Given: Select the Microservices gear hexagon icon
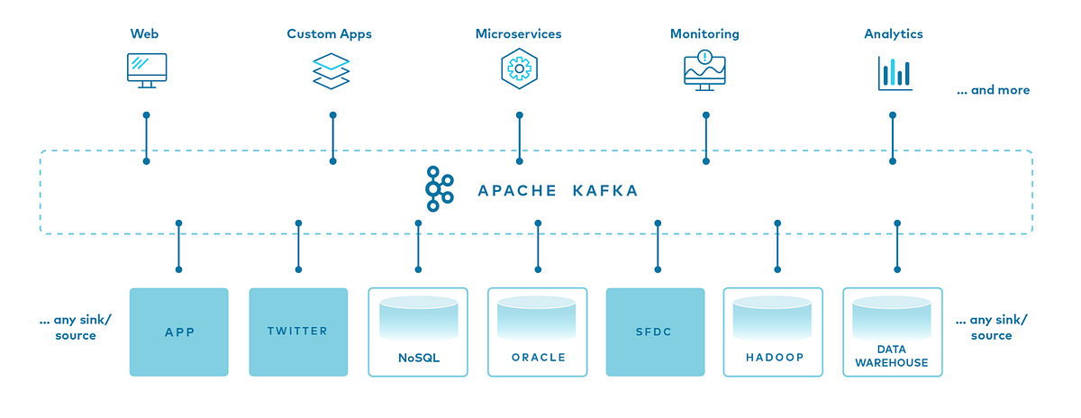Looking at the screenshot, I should pyautogui.click(x=518, y=68).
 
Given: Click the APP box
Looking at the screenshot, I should pyautogui.click(x=179, y=332).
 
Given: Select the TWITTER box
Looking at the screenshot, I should pyautogui.click(x=298, y=332).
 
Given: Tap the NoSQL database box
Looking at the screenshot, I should pyautogui.click(x=418, y=332).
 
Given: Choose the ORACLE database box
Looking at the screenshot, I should pyautogui.click(x=538, y=332).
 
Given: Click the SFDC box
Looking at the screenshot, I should pyautogui.click(x=656, y=332).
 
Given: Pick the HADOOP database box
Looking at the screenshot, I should pyautogui.click(x=775, y=332).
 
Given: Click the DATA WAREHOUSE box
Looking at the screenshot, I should pyautogui.click(x=893, y=332).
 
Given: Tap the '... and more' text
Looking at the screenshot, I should pyautogui.click(x=993, y=90).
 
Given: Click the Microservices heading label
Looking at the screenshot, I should pyautogui.click(x=518, y=34).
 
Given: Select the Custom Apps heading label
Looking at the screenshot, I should pyautogui.click(x=329, y=34).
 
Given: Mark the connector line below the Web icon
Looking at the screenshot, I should pyautogui.click(x=146, y=138).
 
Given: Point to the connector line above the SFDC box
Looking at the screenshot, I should pyautogui.click(x=657, y=245).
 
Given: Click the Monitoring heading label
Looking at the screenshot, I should pyautogui.click(x=704, y=34).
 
